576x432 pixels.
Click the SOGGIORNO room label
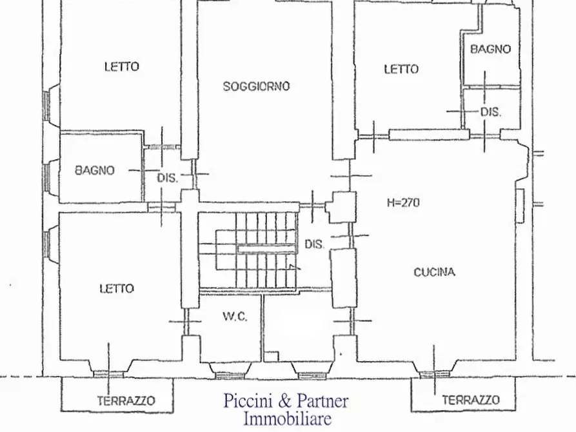point(256,86)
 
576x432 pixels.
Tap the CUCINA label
point(433,272)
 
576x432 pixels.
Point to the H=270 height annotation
point(403,202)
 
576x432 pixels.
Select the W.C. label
point(234,317)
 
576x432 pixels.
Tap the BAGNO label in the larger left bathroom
point(94,171)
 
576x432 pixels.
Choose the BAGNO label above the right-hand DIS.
point(490,49)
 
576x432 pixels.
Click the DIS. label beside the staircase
point(314,244)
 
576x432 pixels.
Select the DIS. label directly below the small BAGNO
point(491,112)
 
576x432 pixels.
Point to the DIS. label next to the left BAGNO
point(167,178)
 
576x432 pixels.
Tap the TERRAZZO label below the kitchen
point(470,400)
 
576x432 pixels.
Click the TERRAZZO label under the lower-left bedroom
point(126,401)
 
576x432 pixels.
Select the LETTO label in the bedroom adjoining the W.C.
point(117,288)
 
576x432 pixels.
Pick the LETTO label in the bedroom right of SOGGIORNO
point(401,69)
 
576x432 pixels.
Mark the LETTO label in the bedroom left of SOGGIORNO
point(121,66)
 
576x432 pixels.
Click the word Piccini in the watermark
point(248,401)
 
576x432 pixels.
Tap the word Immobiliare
point(286,418)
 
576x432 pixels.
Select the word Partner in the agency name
point(322,401)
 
